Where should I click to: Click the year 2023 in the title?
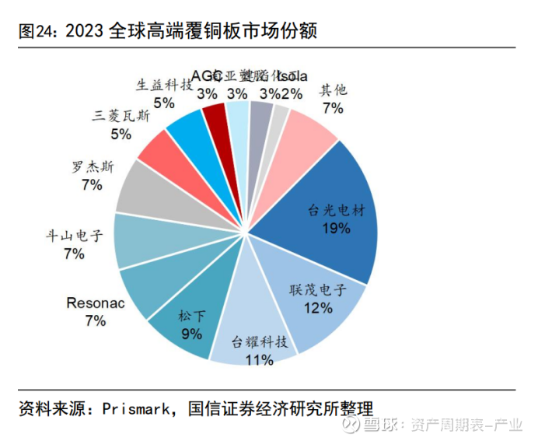[86, 31]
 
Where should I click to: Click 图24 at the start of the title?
[35, 31]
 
